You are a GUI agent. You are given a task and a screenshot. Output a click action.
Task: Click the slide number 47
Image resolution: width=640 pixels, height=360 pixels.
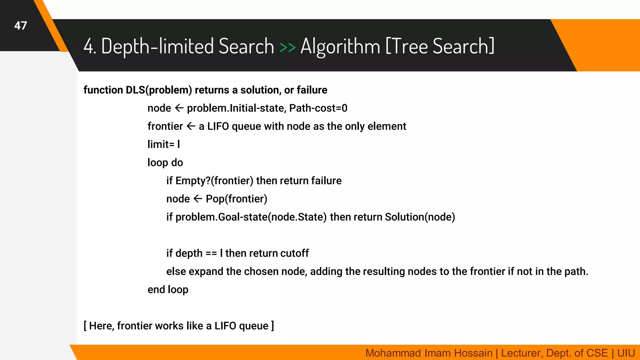click(21, 26)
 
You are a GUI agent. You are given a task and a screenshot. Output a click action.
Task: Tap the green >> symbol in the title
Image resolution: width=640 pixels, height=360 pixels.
click(287, 47)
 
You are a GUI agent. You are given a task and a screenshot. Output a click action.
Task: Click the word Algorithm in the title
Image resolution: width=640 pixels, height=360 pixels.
click(340, 47)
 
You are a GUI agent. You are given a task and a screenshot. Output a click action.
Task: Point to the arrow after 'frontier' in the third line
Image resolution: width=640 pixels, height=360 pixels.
click(191, 126)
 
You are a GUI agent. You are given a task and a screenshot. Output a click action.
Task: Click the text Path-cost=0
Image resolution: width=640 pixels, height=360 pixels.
click(318, 108)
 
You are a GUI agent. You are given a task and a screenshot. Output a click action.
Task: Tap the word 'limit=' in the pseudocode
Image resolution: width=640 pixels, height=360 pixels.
click(161, 144)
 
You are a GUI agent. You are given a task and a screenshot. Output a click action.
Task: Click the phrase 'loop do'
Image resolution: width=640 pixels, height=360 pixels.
click(165, 162)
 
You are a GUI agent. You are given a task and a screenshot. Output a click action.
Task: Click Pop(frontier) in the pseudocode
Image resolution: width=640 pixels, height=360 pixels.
click(236, 199)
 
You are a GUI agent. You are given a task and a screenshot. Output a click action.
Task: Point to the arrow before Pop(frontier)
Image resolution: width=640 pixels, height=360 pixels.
click(198, 199)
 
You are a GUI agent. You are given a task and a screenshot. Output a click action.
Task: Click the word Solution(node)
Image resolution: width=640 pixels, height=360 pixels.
click(420, 217)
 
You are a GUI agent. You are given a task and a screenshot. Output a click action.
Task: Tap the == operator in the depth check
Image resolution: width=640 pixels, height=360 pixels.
click(211, 253)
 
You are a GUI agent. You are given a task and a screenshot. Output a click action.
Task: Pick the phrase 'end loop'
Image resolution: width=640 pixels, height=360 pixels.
click(168, 290)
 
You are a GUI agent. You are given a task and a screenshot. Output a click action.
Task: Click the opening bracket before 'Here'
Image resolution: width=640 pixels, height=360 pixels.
click(85, 326)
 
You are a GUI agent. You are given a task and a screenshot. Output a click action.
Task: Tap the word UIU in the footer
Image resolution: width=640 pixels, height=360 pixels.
click(626, 353)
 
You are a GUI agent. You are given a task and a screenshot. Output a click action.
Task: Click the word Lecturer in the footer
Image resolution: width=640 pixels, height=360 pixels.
click(522, 353)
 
